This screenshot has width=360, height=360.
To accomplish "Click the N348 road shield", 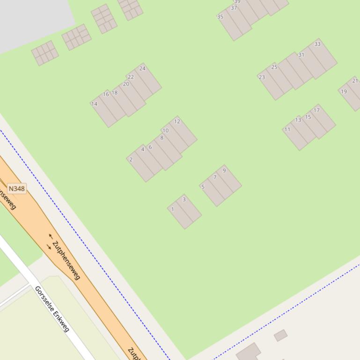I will (x=16, y=188).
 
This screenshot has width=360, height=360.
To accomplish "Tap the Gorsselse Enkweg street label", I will (x=52, y=309).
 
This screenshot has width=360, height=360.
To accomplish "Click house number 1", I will (x=173, y=209).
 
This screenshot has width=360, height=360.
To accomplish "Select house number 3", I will (x=184, y=200).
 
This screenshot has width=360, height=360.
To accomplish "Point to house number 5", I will (x=203, y=187).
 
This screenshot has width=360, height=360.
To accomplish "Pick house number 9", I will (x=224, y=171).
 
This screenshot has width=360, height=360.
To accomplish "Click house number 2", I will (x=131, y=159).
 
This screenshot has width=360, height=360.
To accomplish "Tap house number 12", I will (x=177, y=122).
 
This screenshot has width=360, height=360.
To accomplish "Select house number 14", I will (x=95, y=104).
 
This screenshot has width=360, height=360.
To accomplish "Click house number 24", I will (x=142, y=68).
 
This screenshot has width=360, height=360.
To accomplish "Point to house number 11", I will (x=287, y=130).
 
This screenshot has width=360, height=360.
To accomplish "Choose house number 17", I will (x=317, y=110).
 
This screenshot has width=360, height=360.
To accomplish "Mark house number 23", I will (x=262, y=77).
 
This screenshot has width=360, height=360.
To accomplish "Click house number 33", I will (x=317, y=44).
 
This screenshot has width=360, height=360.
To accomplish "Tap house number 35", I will (x=220, y=17).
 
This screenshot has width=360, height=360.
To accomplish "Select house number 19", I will (x=344, y=91).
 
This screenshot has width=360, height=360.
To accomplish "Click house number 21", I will (x=355, y=81).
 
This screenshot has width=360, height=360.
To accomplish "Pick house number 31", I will (x=301, y=55).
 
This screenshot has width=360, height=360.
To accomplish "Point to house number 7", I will (x=215, y=177).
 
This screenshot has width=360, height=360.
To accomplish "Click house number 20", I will (x=126, y=84).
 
